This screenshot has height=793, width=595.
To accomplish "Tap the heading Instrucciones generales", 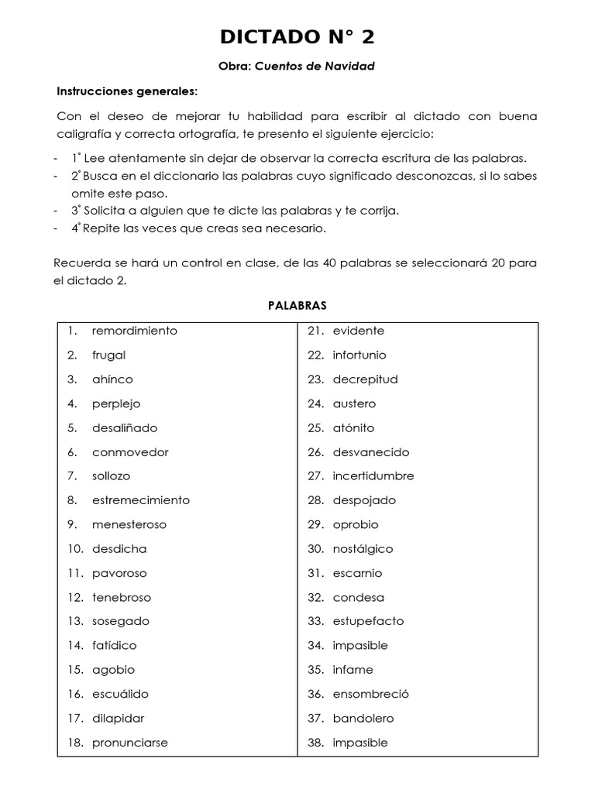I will click(x=127, y=91).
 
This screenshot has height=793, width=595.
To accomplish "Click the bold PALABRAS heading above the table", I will click(x=297, y=305).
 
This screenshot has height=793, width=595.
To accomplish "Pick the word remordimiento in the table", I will click(x=134, y=331).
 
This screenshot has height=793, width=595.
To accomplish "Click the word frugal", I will click(x=108, y=355).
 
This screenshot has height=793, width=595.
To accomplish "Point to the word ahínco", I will click(x=112, y=379).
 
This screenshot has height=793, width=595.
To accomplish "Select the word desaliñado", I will click(x=124, y=427).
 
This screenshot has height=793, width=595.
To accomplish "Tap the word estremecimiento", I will click(x=140, y=500).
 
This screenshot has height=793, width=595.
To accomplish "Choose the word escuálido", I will click(x=120, y=694).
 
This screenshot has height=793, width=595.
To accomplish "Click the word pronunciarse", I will click(x=129, y=743).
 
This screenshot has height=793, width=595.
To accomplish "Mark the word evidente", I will click(x=358, y=331).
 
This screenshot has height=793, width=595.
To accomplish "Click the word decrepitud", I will click(x=365, y=379).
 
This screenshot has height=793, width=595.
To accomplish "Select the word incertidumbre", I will click(x=373, y=476).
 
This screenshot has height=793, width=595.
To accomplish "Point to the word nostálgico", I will click(x=363, y=549).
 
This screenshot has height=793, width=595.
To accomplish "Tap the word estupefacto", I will click(x=368, y=621).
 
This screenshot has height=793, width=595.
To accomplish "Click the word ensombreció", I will click(x=370, y=694).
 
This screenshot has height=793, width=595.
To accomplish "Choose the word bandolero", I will click(x=363, y=718).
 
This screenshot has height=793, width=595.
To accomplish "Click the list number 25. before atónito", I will click(x=315, y=427).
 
